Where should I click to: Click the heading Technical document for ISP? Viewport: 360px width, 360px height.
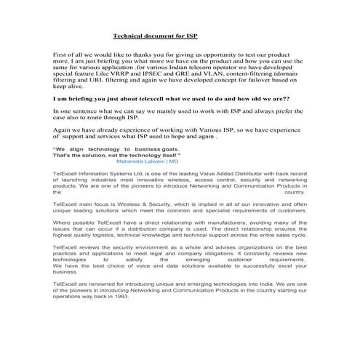click(x=155, y=35)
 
